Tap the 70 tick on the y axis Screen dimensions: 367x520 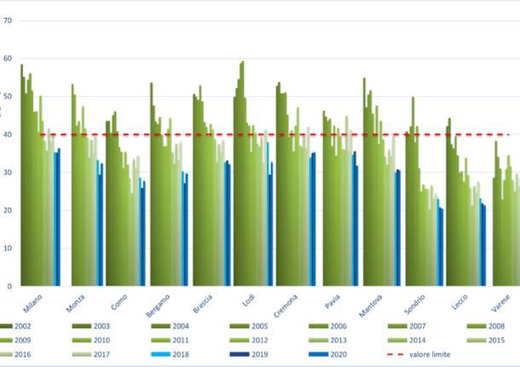coord(7,20)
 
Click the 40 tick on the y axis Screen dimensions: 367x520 coord(7,134)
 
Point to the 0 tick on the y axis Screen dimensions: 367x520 coord(9,286)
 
